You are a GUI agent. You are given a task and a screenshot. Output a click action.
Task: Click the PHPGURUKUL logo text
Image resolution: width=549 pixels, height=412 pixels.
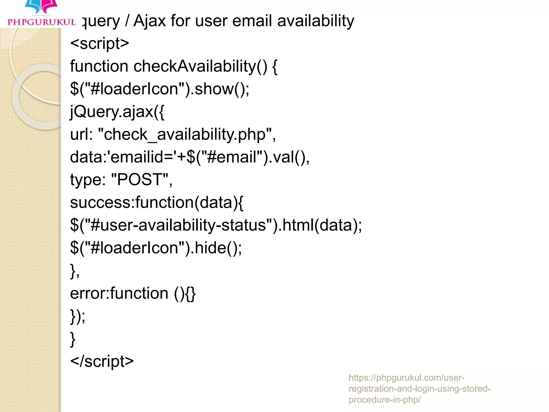42,22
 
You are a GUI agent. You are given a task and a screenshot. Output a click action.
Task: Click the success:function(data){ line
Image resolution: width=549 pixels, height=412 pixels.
157,202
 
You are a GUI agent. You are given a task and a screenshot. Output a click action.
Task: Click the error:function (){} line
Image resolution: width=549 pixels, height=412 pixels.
133,293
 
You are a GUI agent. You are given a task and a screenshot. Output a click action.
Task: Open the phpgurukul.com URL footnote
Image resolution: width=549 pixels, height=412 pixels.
419,388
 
